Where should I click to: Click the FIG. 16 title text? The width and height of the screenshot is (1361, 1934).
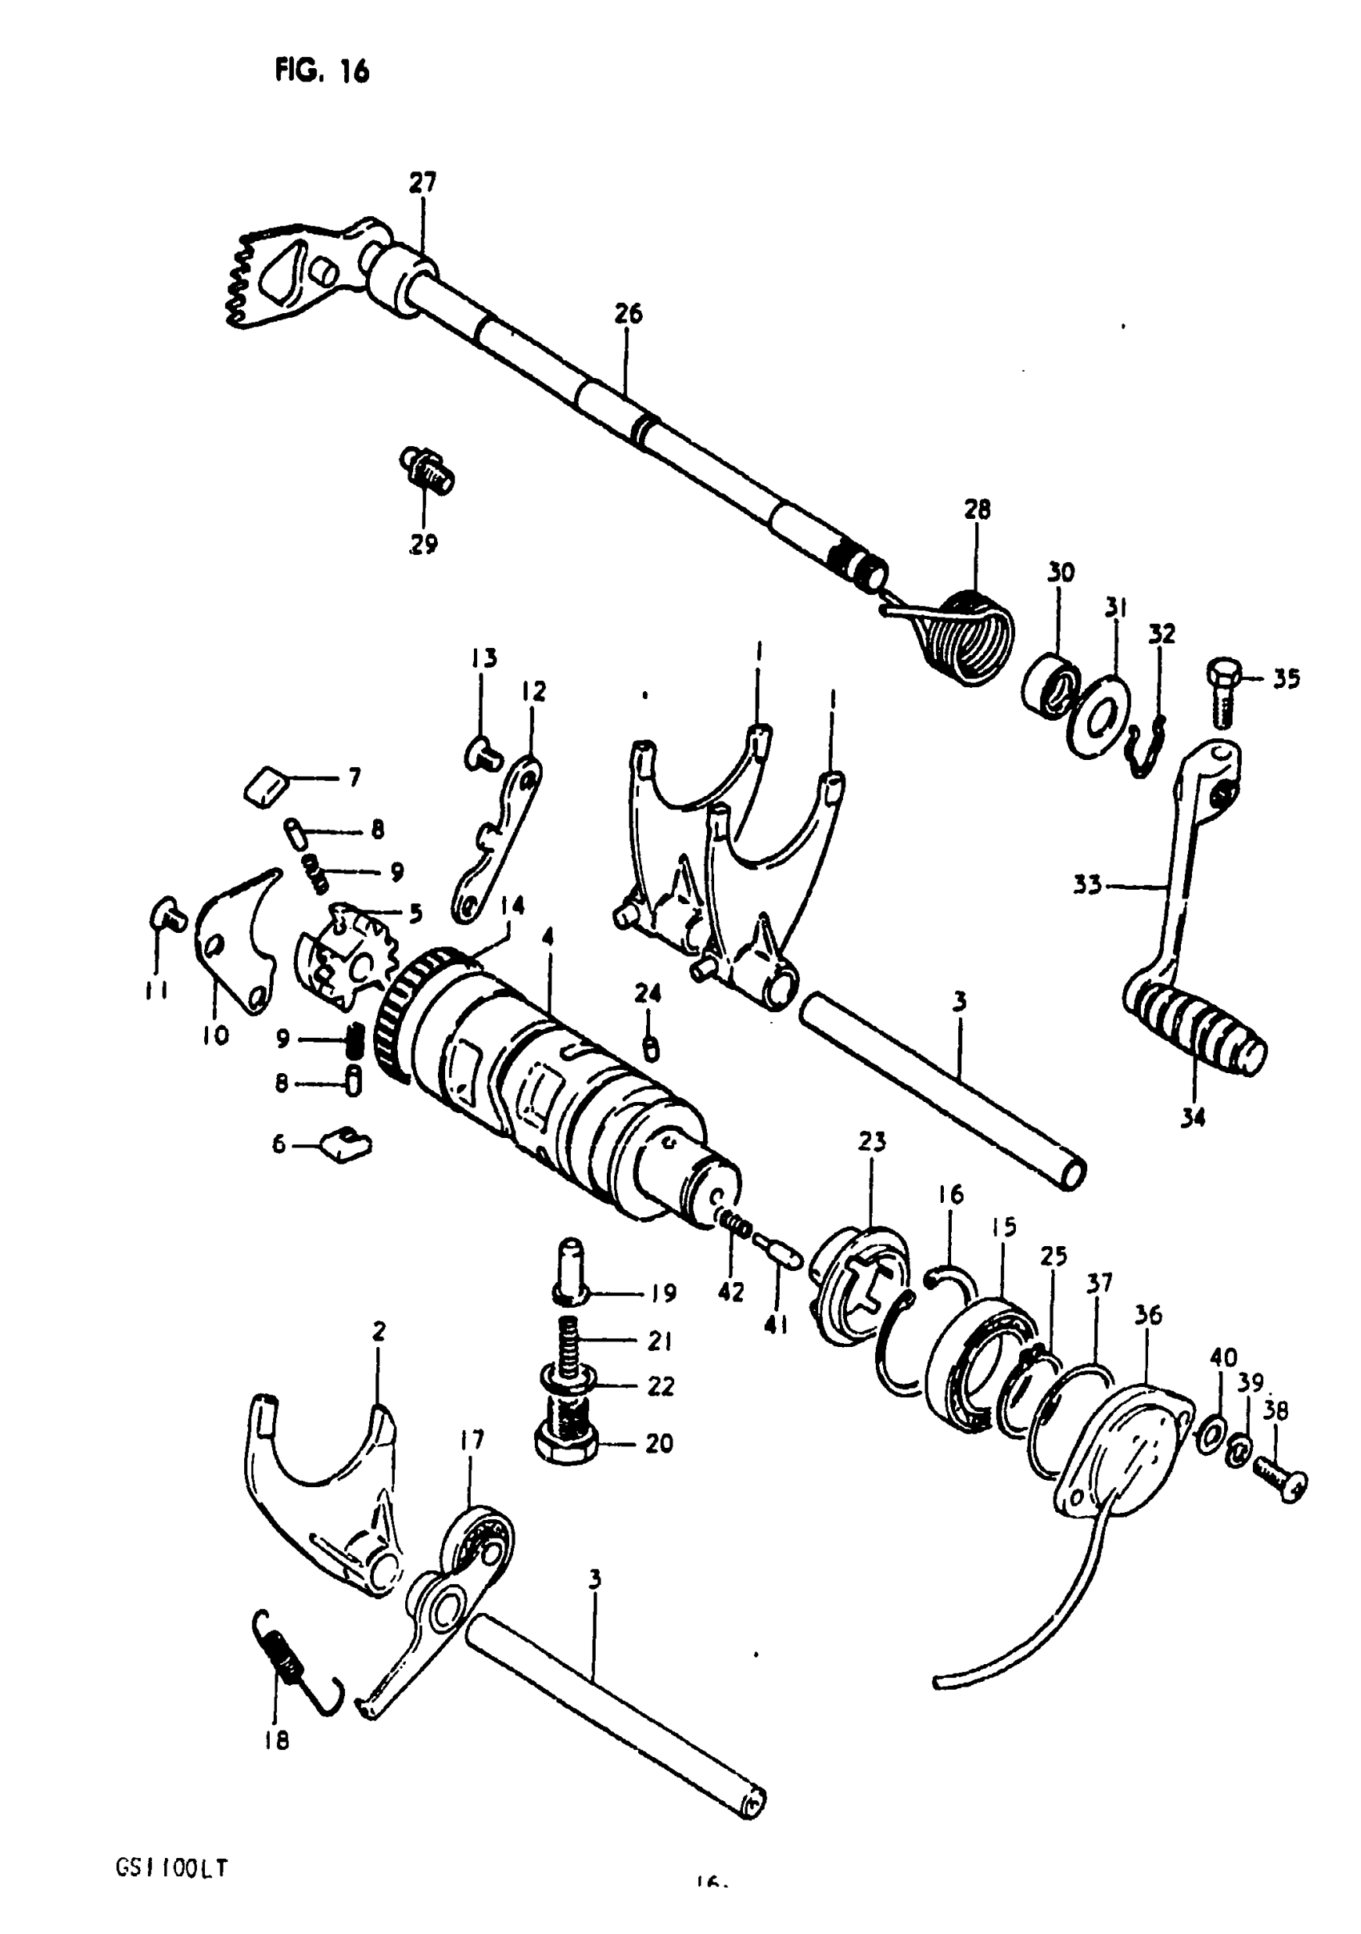[x=322, y=71]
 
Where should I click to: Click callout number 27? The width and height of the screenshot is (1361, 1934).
[x=423, y=183]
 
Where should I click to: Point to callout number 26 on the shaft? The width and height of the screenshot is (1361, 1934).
[x=628, y=313]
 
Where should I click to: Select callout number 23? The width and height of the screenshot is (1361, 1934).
[x=873, y=1142]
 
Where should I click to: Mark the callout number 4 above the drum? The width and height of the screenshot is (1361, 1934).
[x=548, y=939]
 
